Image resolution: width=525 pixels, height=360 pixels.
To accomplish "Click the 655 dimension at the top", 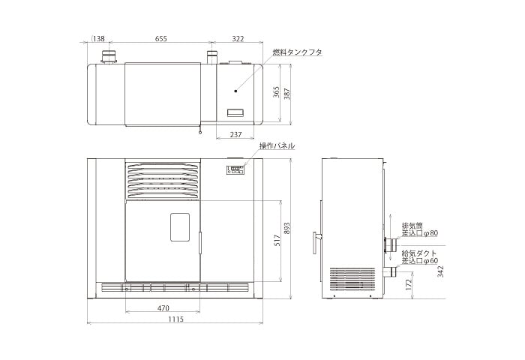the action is click(160, 38).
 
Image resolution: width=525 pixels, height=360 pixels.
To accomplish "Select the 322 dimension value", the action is click(238, 38).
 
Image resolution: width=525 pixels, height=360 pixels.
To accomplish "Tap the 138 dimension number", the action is click(98, 38).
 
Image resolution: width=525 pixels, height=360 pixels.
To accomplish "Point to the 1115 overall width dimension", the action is click(175, 319).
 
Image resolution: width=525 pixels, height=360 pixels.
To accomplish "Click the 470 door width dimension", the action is click(163, 307).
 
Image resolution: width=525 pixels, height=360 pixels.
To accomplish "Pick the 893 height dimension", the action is click(286, 229).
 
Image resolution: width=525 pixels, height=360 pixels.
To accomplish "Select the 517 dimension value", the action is click(277, 241).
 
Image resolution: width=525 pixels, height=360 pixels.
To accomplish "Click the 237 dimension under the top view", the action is click(235, 134).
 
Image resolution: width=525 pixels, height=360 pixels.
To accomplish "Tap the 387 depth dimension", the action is click(287, 94).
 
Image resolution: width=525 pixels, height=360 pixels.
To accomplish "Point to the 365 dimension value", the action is click(276, 92).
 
